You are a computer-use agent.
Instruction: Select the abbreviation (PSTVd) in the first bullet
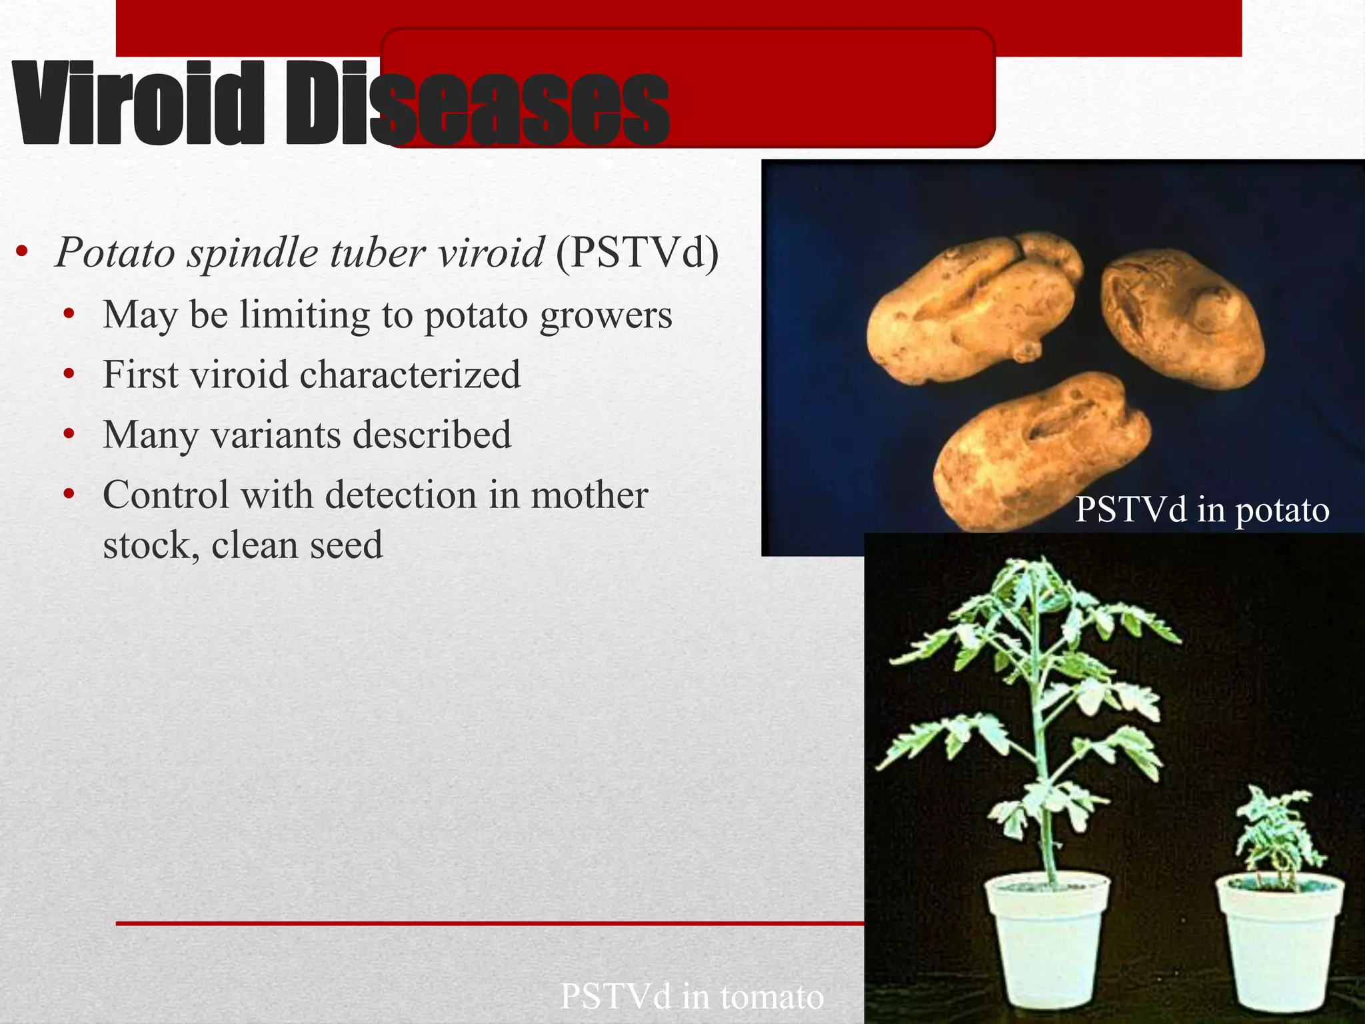click(637, 253)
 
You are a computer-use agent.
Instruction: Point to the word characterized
click(410, 375)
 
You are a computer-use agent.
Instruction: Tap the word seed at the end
click(346, 545)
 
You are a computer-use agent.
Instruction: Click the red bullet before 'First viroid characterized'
click(69, 375)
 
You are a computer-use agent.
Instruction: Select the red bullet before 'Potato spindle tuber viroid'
click(22, 252)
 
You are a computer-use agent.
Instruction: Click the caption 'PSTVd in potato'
click(1202, 510)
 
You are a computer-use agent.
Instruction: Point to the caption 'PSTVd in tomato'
click(692, 997)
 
